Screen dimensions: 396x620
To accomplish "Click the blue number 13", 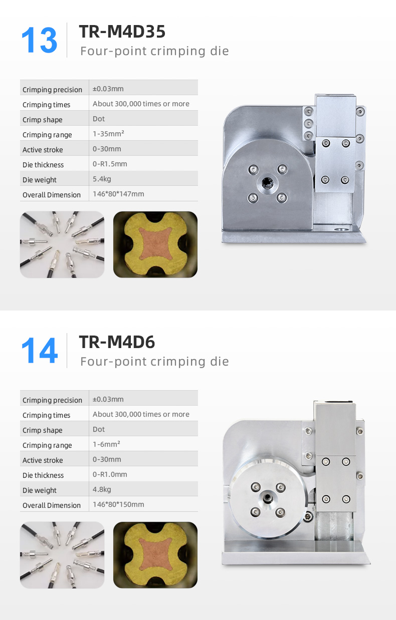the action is [x=40, y=40].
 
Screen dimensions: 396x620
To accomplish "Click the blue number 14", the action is [x=40, y=351].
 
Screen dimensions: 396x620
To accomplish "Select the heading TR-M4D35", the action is [x=122, y=31].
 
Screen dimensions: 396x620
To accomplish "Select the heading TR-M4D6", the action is [x=117, y=342].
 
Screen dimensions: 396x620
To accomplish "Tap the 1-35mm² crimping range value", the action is [x=108, y=134].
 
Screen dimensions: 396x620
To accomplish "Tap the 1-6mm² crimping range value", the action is [x=106, y=444].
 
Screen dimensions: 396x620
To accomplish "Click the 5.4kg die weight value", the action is [x=102, y=179].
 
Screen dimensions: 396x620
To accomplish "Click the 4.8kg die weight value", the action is [x=102, y=489].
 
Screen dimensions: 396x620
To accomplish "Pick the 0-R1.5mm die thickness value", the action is [x=110, y=164].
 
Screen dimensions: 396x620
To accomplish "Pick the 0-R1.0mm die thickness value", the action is [x=110, y=474].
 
